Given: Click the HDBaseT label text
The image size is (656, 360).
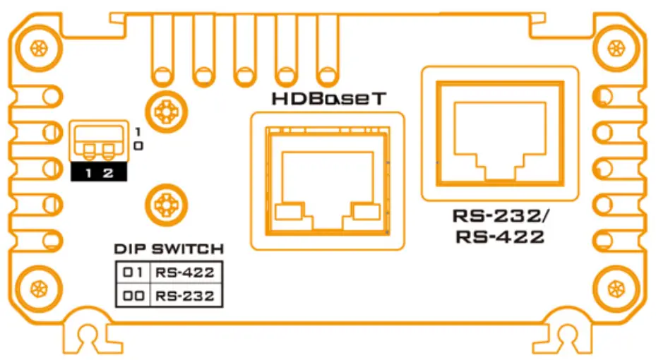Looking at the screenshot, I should click(328, 100).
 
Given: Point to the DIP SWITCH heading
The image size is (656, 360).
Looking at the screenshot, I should click(169, 249).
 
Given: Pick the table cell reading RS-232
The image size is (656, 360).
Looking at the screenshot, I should click(184, 296).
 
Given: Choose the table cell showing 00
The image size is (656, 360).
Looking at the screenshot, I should click(133, 296).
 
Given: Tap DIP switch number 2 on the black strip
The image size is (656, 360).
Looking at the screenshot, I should click(108, 173).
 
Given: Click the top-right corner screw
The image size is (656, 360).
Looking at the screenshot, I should click(616, 49).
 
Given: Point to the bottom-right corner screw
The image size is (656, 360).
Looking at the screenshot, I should click(616, 288).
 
